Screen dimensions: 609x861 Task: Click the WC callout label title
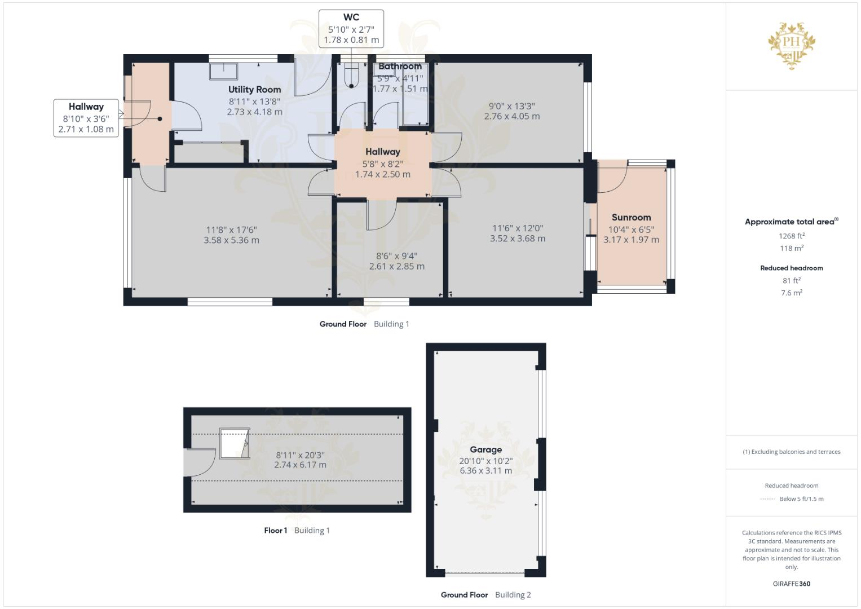coord(351,17)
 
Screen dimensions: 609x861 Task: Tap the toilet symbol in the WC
coord(351,76)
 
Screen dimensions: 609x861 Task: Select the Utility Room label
coord(254,89)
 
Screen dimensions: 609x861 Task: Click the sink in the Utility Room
coord(223,71)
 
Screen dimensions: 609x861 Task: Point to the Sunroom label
coord(631,217)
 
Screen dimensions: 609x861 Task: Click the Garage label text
coord(485,449)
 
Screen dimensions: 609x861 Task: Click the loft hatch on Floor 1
coord(234,443)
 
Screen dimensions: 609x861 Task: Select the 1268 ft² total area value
coord(792,236)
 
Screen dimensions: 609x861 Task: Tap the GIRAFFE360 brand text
coord(792,584)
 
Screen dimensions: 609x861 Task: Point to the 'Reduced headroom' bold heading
coord(792,268)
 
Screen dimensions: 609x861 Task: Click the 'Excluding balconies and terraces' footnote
coord(792,452)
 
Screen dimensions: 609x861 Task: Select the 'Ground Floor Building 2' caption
coord(485,594)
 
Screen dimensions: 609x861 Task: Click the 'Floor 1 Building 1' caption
coord(297,530)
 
